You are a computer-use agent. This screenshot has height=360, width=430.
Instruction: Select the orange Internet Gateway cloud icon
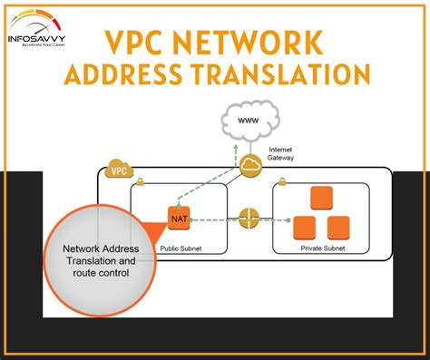(x=251, y=164)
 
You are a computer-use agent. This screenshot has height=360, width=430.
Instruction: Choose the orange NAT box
(x=178, y=218)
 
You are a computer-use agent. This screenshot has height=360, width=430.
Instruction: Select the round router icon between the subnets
(x=249, y=219)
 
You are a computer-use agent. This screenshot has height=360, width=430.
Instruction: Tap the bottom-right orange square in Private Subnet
(x=338, y=227)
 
